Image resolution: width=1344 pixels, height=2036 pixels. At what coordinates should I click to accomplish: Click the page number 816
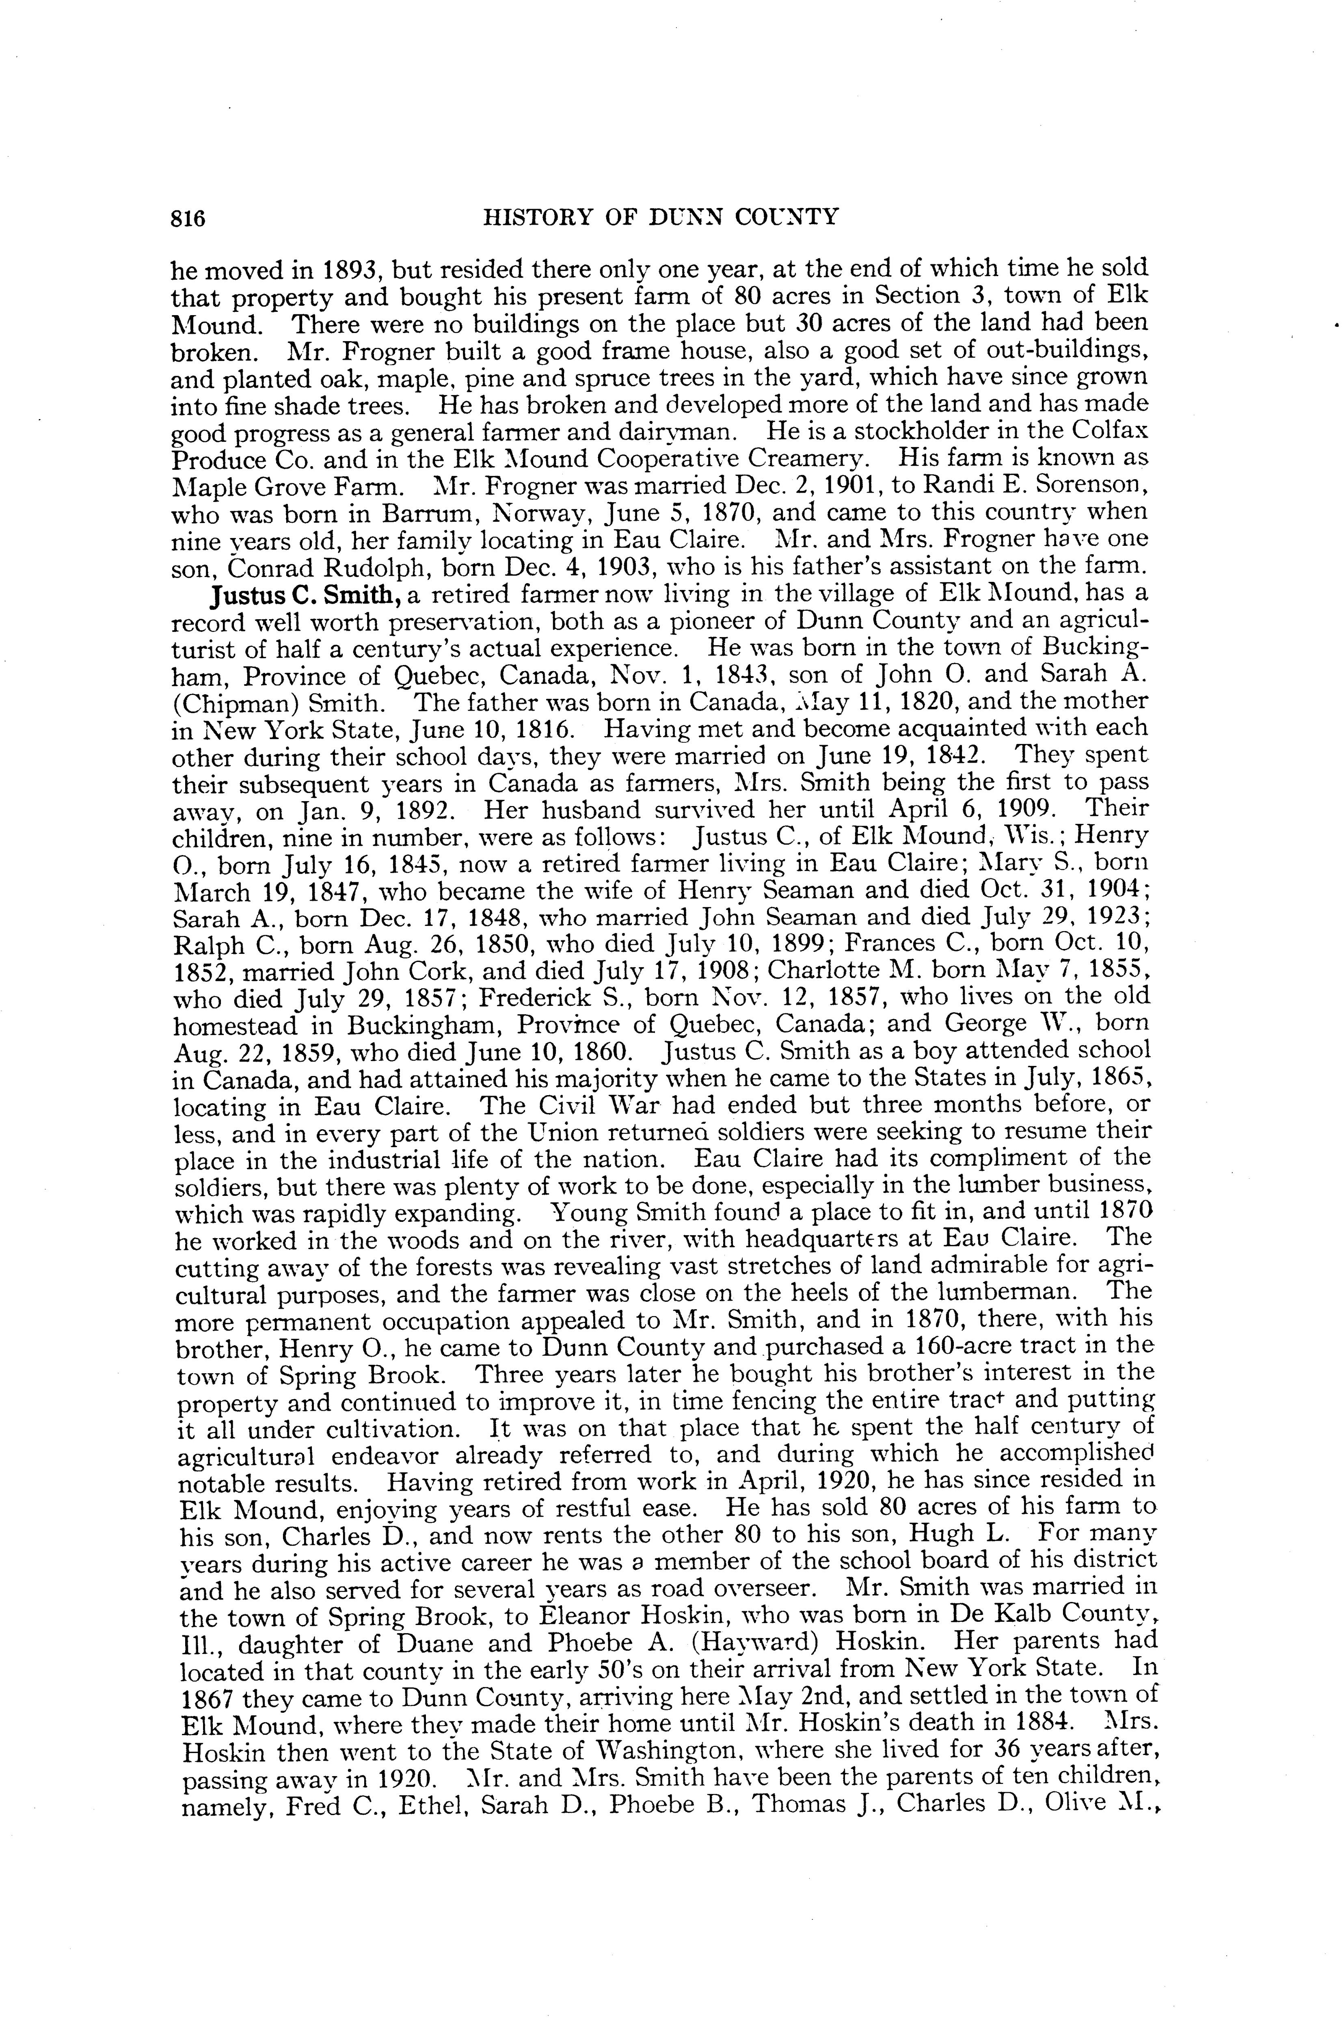(188, 218)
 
